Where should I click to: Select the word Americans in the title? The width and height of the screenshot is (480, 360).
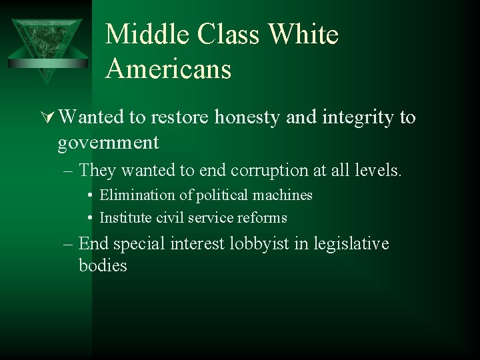tap(168, 69)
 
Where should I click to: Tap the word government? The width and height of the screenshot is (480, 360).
tap(108, 142)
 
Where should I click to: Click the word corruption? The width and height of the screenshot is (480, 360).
tap(276, 171)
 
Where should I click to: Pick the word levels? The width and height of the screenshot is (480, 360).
tap(379, 171)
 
